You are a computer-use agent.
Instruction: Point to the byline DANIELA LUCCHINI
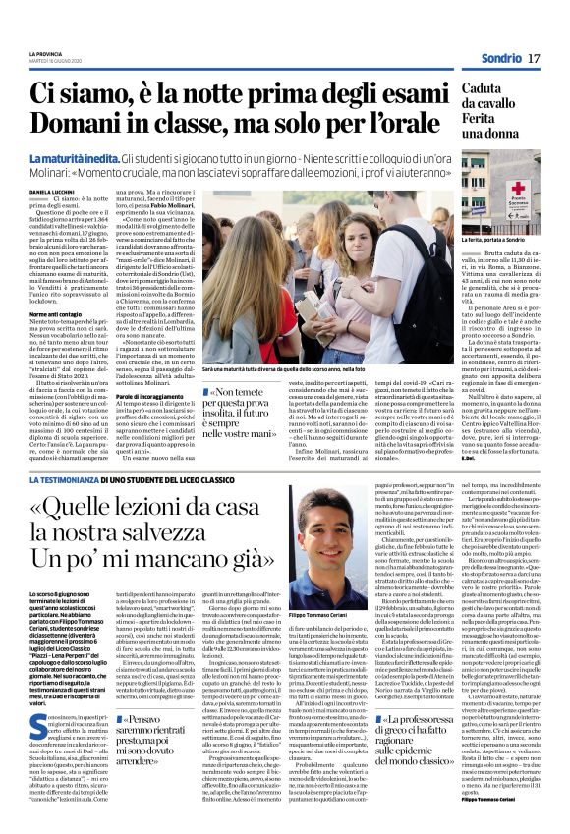(x=57, y=192)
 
